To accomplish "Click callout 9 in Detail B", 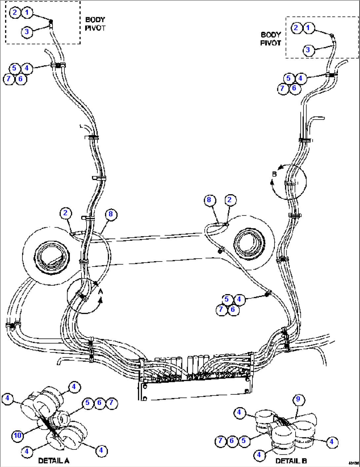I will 298,399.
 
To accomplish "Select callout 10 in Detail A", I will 18,435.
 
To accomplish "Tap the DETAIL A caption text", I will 54,461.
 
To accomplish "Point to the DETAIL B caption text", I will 291,461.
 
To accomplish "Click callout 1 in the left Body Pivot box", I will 27,13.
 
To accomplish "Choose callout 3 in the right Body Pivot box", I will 308,50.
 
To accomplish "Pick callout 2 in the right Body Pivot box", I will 296,28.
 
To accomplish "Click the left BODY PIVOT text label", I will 95,24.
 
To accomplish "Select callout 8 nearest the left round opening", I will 111,214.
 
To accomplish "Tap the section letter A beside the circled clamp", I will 101,291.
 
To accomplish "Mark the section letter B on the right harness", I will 274,174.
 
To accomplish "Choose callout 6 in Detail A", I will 99,403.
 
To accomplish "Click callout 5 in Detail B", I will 244,441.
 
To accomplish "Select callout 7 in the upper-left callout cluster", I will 9,79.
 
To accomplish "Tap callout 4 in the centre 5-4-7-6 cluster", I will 239,300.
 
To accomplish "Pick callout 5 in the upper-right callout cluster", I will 289,78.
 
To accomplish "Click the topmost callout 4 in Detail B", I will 239,412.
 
